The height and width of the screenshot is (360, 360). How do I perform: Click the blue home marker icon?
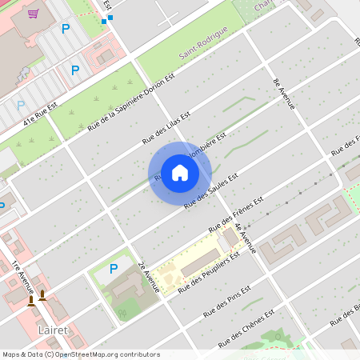coord(180,173)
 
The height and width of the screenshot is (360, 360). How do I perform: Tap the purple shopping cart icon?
coord(33,13)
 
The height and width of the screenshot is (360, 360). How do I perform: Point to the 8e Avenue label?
coord(285,94)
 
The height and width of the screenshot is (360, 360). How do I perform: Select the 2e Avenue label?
coord(149,277)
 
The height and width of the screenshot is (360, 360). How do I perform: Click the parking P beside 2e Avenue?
coord(113,269)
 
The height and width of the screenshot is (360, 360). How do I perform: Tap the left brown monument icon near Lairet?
coord(31,299)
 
